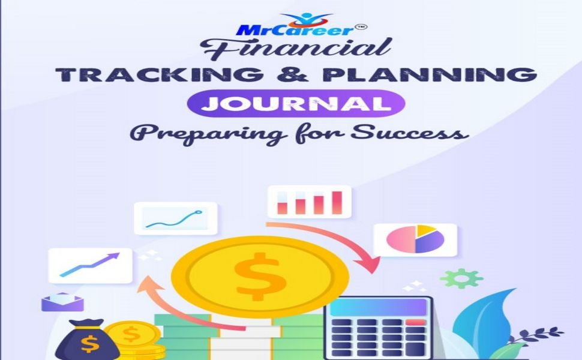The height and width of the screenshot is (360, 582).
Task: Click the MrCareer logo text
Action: tap(295, 30)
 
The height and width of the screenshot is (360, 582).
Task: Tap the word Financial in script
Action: tap(296, 49)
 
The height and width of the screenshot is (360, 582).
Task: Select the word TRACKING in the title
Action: tap(160, 74)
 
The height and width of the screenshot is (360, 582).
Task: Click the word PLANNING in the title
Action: tap(430, 74)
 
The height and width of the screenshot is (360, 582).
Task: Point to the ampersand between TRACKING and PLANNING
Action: tap(293, 74)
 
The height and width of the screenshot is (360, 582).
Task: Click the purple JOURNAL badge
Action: tap(296, 104)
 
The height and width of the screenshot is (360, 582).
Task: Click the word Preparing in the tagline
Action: tap(209, 134)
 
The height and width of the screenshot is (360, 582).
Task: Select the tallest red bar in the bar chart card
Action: tap(337, 203)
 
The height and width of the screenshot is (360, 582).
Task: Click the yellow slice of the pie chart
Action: tap(425, 231)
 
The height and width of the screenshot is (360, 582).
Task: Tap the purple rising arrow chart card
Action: tap(90, 266)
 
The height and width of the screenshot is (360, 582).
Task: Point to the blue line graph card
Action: tap(176, 218)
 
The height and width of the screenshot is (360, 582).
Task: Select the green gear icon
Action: tap(461, 278)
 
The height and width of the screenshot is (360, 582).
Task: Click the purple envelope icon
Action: tap(62, 302)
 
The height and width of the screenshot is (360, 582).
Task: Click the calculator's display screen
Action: tap(379, 308)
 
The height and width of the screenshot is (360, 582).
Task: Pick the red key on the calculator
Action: tap(416, 322)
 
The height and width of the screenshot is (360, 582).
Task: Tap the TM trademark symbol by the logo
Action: tap(361, 27)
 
